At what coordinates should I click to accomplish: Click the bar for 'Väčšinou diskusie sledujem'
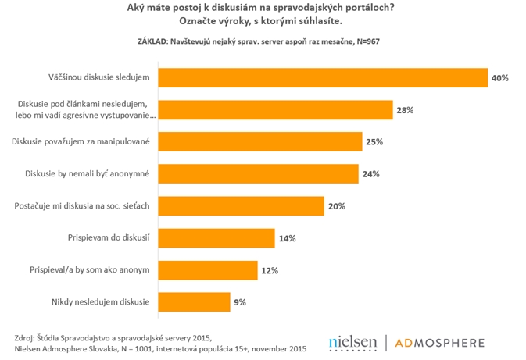point(323,78)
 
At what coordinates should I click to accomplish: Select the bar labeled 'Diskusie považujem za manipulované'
point(260,141)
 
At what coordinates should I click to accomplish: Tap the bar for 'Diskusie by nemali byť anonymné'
point(259,173)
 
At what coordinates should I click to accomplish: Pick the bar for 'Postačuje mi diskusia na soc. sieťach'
point(242,205)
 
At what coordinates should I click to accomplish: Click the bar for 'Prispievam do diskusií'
point(216,237)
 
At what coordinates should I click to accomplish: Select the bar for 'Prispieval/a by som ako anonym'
point(208,269)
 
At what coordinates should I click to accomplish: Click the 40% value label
point(500,78)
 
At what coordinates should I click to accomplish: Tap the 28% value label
point(405,110)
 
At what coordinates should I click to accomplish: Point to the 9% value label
point(241,301)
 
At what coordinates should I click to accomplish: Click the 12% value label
point(269,270)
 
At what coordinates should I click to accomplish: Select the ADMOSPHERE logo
point(439,342)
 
